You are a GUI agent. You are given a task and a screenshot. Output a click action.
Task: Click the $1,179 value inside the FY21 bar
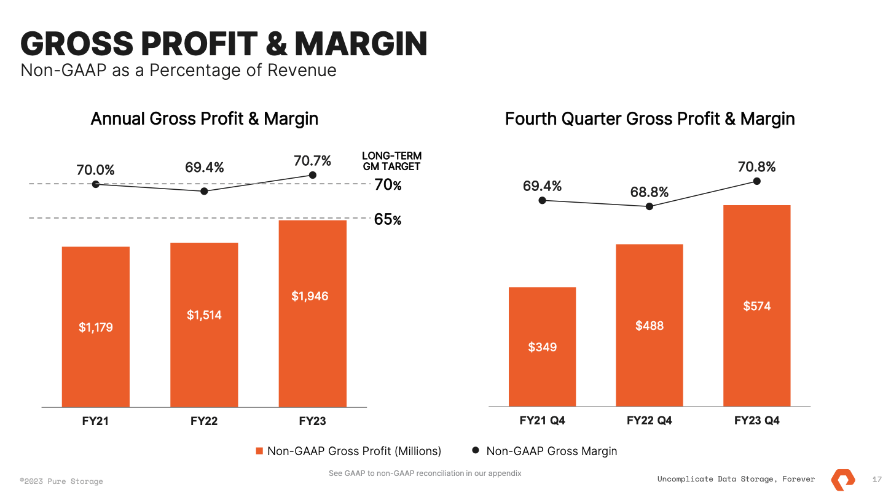(x=96, y=327)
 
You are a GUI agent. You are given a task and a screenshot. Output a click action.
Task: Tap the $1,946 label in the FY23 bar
(x=310, y=296)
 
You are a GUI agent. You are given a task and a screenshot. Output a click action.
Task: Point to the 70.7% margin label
(x=312, y=161)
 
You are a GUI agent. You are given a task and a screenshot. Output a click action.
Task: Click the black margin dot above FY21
(x=96, y=184)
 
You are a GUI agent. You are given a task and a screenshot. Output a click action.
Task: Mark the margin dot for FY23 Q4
(x=756, y=181)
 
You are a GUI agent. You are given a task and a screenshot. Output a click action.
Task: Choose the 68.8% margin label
(x=649, y=192)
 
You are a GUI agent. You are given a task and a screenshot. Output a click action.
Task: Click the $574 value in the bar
(x=756, y=306)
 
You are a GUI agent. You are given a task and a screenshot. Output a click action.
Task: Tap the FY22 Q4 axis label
(x=649, y=421)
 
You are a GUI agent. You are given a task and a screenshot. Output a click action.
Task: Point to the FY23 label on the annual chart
(x=312, y=421)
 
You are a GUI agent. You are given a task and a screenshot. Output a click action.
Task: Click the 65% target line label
(x=388, y=219)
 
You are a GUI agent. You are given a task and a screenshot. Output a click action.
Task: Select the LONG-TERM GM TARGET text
(x=391, y=161)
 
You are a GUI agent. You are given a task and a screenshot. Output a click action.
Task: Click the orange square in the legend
(x=259, y=451)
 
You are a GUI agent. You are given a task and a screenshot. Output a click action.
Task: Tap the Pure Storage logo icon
(x=842, y=478)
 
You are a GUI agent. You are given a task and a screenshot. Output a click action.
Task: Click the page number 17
(x=877, y=479)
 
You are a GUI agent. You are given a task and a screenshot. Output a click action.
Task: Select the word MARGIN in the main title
(x=361, y=44)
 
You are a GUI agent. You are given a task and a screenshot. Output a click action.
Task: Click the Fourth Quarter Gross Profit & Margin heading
(x=650, y=119)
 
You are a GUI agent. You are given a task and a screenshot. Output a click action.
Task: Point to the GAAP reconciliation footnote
(x=425, y=473)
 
